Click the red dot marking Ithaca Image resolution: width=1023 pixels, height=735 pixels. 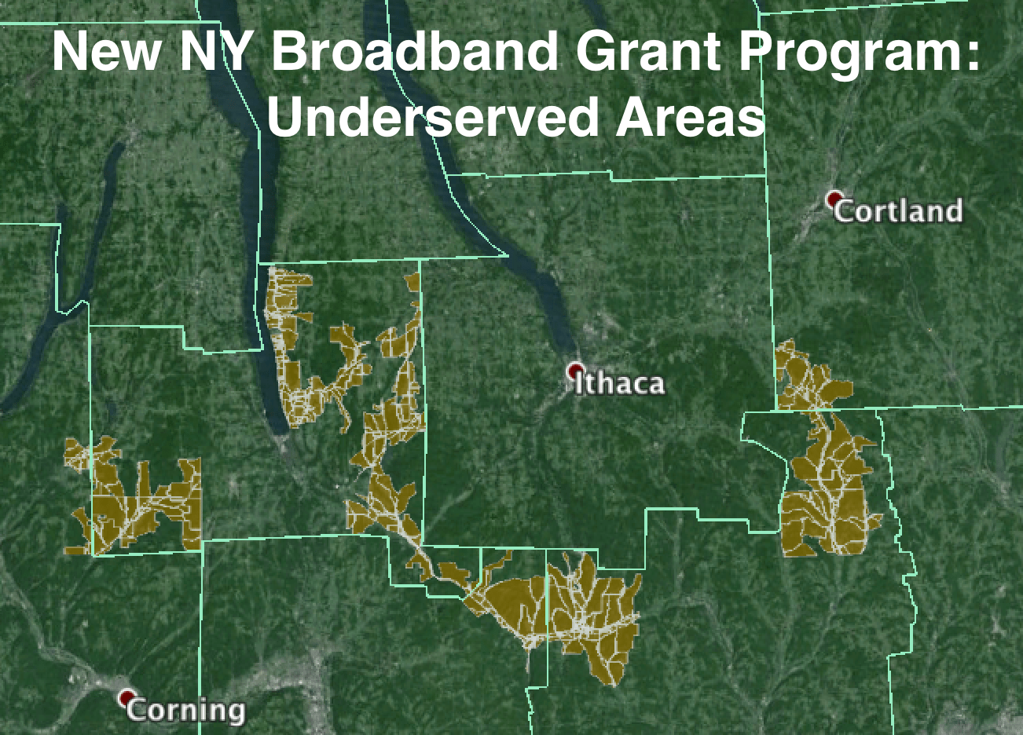(x=576, y=369)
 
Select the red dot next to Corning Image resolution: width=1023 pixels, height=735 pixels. (x=126, y=697)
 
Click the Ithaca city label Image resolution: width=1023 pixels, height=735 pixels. (x=620, y=384)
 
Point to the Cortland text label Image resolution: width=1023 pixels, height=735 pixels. (x=898, y=211)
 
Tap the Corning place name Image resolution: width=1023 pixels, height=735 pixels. (x=185, y=711)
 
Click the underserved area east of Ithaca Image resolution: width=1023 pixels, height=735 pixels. (x=825, y=487)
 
